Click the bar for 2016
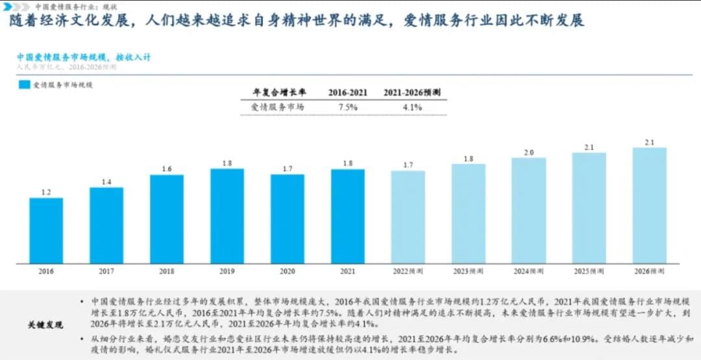click(x=46, y=230)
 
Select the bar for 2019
click(x=227, y=216)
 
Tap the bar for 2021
click(x=347, y=216)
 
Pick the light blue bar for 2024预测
click(x=528, y=210)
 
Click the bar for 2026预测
click(x=649, y=205)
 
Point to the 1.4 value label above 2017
click(x=106, y=182)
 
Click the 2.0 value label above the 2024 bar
click(x=528, y=152)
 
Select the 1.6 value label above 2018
click(x=167, y=169)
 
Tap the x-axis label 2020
click(x=288, y=271)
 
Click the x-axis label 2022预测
click(x=408, y=271)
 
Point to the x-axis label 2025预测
click(x=589, y=271)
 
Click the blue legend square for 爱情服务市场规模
click(x=24, y=85)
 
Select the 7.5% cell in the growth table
click(x=348, y=107)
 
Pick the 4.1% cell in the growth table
click(x=412, y=107)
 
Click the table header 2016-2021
click(x=347, y=92)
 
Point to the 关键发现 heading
click(x=45, y=324)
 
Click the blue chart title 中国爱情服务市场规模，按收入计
click(x=83, y=57)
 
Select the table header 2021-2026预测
click(x=412, y=92)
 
